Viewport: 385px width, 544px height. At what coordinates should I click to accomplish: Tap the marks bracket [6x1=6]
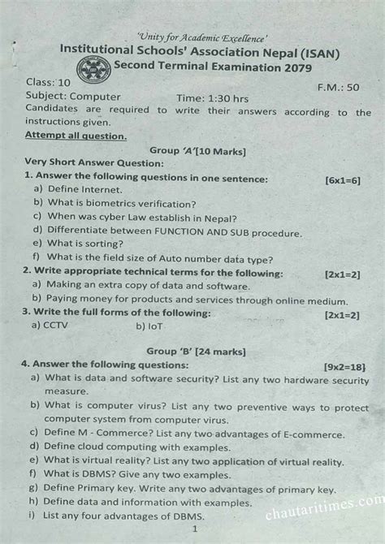pos(342,178)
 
